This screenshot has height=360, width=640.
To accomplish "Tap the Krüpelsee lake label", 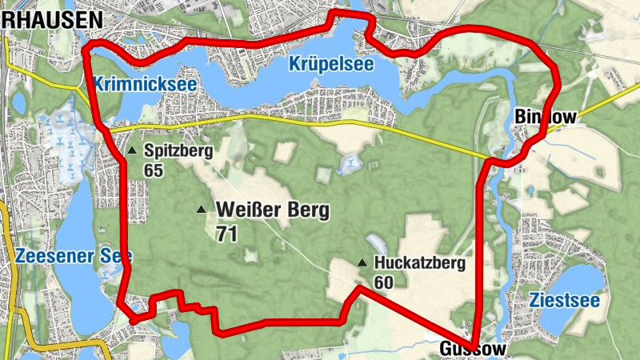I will [x=331, y=65].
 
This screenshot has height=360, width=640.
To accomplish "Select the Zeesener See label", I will [x=73, y=256].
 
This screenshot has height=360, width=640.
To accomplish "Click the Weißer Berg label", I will [x=273, y=211].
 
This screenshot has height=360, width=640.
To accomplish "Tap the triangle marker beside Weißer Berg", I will [x=201, y=210].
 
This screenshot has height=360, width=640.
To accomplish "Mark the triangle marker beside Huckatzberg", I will [x=362, y=262].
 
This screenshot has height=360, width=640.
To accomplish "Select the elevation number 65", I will [x=154, y=170].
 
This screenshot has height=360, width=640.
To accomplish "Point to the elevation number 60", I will [x=383, y=282].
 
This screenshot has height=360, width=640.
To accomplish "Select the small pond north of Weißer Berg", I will [x=350, y=166].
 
